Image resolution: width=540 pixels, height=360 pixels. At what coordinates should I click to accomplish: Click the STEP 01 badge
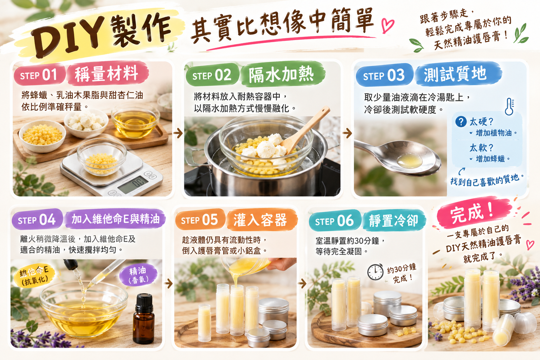coord(39,75)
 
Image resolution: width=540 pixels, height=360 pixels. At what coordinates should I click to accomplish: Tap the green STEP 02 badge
coord(212,75)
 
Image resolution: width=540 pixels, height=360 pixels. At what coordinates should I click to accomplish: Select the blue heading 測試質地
coord(458,74)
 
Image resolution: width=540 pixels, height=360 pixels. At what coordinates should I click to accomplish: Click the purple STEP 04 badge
coord(37,219)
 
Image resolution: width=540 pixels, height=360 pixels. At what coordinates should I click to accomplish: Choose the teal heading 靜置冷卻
coord(394,220)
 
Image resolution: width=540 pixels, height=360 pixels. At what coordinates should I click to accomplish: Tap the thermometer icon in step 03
coord(509,106)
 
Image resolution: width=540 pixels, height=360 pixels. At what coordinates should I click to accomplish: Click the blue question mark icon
coord(461,122)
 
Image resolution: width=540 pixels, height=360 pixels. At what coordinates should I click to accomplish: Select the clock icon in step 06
coord(375,272)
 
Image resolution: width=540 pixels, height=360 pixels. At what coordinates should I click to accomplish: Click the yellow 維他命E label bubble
coord(34,275)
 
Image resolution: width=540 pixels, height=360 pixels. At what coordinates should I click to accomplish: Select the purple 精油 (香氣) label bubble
coord(139,275)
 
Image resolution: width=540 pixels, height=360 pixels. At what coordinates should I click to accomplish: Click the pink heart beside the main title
coord(388,25)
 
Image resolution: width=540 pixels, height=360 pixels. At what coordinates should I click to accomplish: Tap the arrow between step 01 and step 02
coord(178,133)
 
